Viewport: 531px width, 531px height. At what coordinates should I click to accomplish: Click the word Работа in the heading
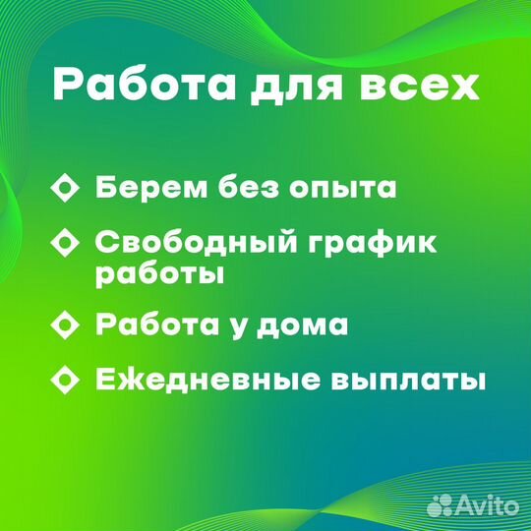(x=145, y=85)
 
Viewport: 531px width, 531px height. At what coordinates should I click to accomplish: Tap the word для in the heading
(x=296, y=88)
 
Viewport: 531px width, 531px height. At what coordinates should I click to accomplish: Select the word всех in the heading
(x=419, y=88)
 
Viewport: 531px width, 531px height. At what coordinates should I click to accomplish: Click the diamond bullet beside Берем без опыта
(x=65, y=188)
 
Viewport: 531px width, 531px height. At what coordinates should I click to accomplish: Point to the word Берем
(x=151, y=187)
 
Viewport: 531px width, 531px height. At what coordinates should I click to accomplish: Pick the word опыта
(x=342, y=188)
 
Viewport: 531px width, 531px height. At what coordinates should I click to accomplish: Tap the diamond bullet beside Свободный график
(x=65, y=243)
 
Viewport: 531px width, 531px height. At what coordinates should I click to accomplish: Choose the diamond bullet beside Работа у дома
(x=65, y=324)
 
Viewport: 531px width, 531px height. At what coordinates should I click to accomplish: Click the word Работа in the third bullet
(x=157, y=324)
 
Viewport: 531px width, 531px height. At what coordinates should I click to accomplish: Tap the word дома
(x=302, y=325)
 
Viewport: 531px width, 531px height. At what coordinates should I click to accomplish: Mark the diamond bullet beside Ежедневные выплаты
(x=65, y=380)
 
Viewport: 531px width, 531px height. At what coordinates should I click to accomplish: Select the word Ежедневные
(x=207, y=380)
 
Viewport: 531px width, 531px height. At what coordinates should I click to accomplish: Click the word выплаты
(x=408, y=382)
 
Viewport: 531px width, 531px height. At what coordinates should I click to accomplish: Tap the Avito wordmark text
(x=487, y=505)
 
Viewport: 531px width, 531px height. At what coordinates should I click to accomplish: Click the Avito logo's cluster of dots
(x=440, y=505)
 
